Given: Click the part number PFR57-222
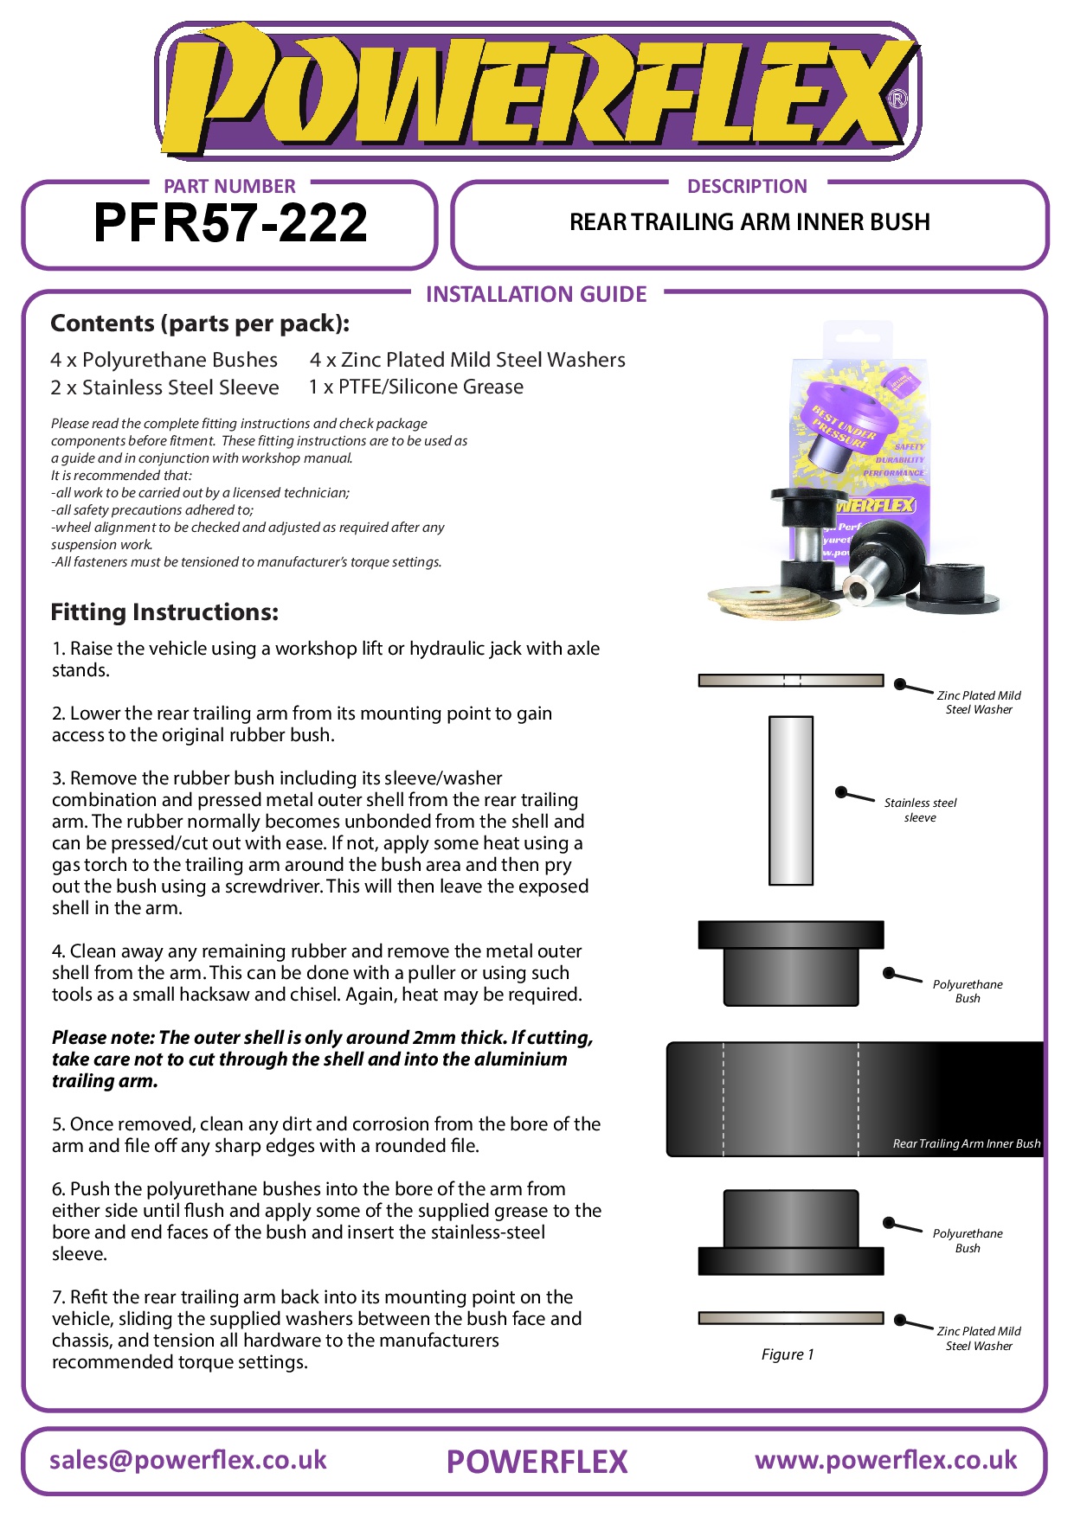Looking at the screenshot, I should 230,223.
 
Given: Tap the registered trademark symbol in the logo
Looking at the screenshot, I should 898,99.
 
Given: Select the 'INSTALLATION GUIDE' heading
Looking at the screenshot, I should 536,294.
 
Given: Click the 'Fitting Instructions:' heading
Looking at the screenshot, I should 164,612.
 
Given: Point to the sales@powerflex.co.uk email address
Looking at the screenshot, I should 188,1461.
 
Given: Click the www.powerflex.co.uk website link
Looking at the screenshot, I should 885,1461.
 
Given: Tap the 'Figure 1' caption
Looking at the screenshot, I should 787,1354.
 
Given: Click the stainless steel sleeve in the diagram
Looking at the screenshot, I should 790,800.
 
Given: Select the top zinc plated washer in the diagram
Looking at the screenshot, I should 790,681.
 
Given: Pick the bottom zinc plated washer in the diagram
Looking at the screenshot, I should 790,1318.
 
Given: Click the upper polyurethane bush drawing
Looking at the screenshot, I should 790,962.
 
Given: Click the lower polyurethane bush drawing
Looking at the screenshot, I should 790,1232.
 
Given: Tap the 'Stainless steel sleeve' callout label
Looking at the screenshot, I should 920,810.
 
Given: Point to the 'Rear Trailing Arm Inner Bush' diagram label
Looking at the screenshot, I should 966,1143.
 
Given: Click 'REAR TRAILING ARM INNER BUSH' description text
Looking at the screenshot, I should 749,222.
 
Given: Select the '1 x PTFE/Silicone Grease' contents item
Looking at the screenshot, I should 416,387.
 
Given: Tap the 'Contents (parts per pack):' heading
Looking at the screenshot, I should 200,323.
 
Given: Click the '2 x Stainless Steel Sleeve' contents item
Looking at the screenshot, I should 164,387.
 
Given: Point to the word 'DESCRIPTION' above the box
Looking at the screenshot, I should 747,186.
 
